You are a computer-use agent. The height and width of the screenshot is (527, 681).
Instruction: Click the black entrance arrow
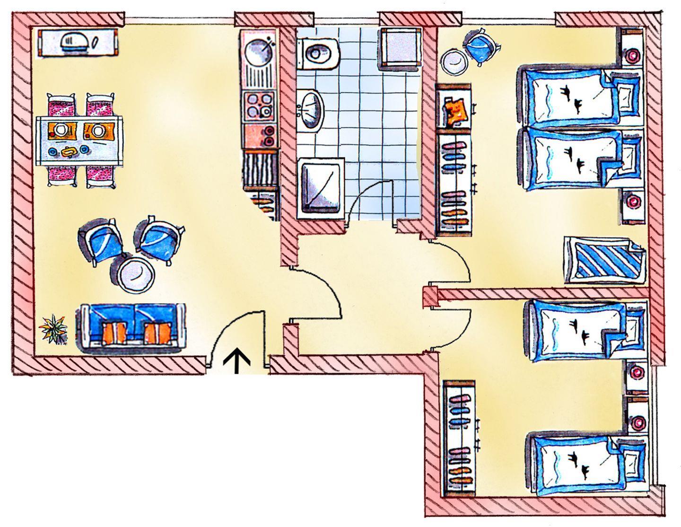pos(236,361)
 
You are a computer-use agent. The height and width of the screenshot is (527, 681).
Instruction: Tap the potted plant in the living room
pos(52,329)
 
